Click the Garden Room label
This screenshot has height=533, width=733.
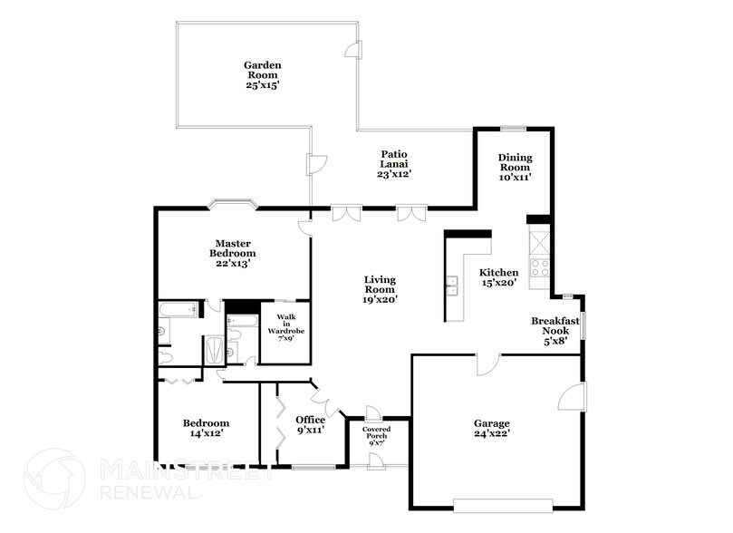(262, 75)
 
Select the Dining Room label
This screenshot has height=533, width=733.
(515, 167)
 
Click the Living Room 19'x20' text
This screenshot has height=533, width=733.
(380, 289)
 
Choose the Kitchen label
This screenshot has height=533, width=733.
(498, 277)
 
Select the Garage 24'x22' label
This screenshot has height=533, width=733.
(491, 428)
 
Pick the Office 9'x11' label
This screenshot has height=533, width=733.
(310, 425)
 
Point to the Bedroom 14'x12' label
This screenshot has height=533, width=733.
(206, 428)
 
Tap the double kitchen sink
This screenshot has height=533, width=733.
(451, 288)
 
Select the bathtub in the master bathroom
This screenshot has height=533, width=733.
(178, 310)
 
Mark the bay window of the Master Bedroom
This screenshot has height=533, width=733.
(232, 204)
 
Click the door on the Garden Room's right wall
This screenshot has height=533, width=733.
(358, 49)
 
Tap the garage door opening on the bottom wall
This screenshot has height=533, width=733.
(503, 504)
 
